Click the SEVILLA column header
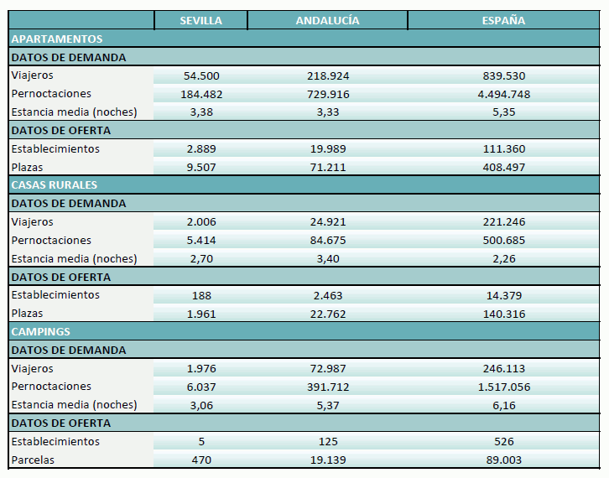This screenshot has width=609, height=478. point(201,20)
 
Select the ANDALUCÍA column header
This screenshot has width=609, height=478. point(327,20)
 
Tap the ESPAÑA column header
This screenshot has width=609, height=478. point(503,20)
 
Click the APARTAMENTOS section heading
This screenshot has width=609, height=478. point(56,39)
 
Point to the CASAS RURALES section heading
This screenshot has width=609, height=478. point(55,184)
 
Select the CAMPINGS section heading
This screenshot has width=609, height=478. point(40,331)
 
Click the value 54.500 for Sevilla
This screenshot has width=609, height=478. point(201,75)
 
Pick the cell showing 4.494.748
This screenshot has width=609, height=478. point(503,94)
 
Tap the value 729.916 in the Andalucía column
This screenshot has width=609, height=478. point(327,94)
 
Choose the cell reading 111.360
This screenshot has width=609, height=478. point(503,149)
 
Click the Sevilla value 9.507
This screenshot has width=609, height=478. point(201,167)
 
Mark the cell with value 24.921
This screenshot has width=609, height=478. point(327,222)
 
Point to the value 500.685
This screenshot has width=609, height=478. point(503,241)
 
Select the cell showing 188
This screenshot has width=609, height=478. point(201,295)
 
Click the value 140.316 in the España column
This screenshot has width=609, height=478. point(503,314)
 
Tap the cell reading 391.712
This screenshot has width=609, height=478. point(327,387)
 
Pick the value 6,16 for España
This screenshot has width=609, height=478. point(503,405)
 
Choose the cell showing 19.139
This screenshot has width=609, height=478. point(327,460)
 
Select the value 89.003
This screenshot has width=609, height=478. point(503,460)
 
